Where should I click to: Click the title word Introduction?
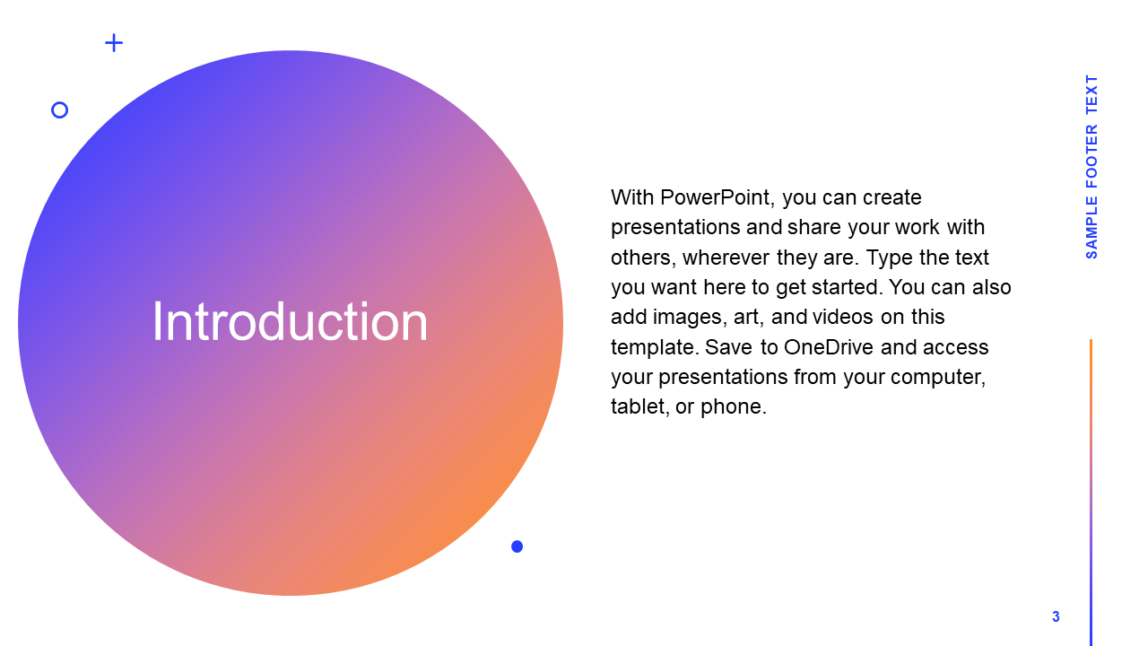click(x=290, y=321)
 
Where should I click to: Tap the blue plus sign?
click(x=114, y=42)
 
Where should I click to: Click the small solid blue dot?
click(x=517, y=546)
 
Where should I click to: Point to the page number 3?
click(x=1056, y=616)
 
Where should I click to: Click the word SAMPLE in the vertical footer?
click(x=1091, y=227)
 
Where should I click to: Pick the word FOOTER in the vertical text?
click(x=1091, y=156)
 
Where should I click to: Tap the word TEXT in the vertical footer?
click(x=1091, y=94)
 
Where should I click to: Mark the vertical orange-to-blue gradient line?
click(x=1091, y=493)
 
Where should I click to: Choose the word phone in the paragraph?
click(x=734, y=407)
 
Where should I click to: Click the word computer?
click(x=937, y=378)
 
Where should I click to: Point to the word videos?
click(x=842, y=317)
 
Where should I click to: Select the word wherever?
click(x=726, y=258)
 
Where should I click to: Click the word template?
click(x=655, y=348)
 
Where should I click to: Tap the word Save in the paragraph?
click(x=728, y=347)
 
